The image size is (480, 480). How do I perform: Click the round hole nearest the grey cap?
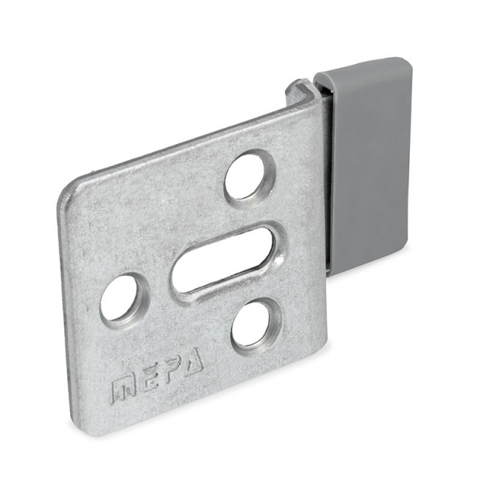[248, 175]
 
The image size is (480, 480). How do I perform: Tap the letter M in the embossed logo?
[123, 389]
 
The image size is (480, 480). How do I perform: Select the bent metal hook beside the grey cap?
[299, 92]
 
